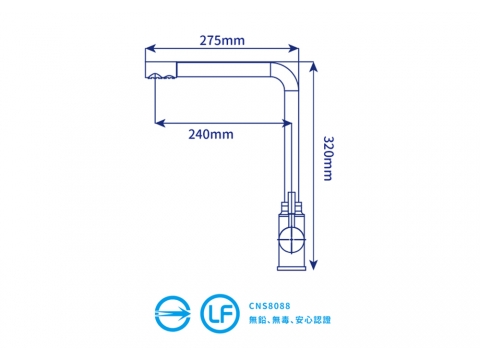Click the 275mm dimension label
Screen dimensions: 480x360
pyautogui.click(x=222, y=40)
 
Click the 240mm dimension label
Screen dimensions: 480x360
pyautogui.click(x=211, y=134)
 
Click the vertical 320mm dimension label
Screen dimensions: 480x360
pyautogui.click(x=328, y=158)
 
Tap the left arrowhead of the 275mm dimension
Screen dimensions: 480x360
pyautogui.click(x=151, y=49)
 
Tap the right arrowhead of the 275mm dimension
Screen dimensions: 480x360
pyautogui.click(x=293, y=49)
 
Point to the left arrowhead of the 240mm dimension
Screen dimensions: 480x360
pyautogui.click(x=160, y=123)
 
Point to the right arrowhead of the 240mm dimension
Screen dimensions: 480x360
pyautogui.click(x=287, y=123)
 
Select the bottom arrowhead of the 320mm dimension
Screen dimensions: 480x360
pyautogui.click(x=313, y=265)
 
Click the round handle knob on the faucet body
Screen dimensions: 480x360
pyautogui.click(x=292, y=239)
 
